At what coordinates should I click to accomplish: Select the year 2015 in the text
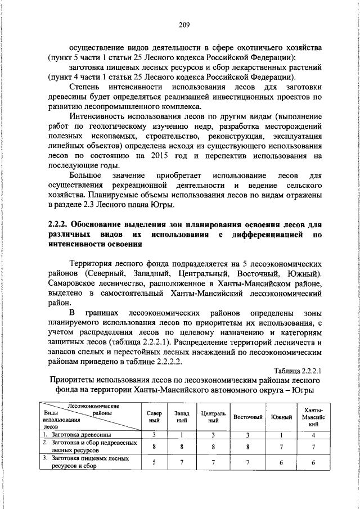pyautogui.click(x=163, y=156)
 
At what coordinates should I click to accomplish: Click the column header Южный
pyautogui.click(x=281, y=417)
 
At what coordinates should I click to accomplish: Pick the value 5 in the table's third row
pyautogui.click(x=154, y=462)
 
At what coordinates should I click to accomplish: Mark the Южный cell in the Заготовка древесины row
pyautogui.click(x=281, y=435)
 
